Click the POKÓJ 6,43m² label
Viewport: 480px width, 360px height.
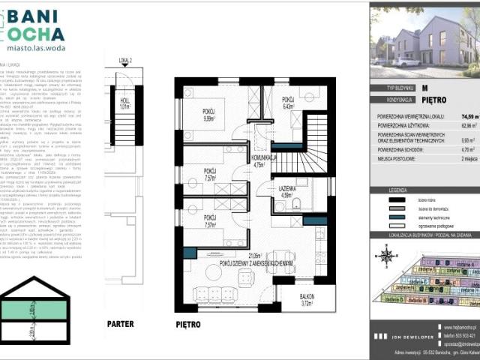tap(289, 103)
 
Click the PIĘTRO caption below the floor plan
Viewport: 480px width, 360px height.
tap(188, 324)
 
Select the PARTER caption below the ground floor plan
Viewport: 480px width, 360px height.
tap(120, 324)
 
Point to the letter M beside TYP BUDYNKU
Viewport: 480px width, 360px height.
tap(424, 88)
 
